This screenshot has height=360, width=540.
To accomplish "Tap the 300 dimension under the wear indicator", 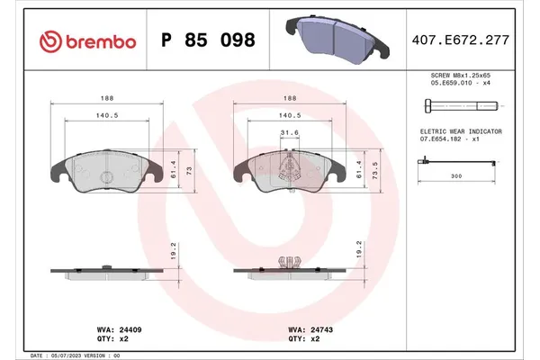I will (455, 177).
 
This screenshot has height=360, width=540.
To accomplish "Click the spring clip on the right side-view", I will (289, 262).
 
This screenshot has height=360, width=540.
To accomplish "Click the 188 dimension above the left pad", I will (106, 101).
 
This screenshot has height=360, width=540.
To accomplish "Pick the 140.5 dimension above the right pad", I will (289, 116).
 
